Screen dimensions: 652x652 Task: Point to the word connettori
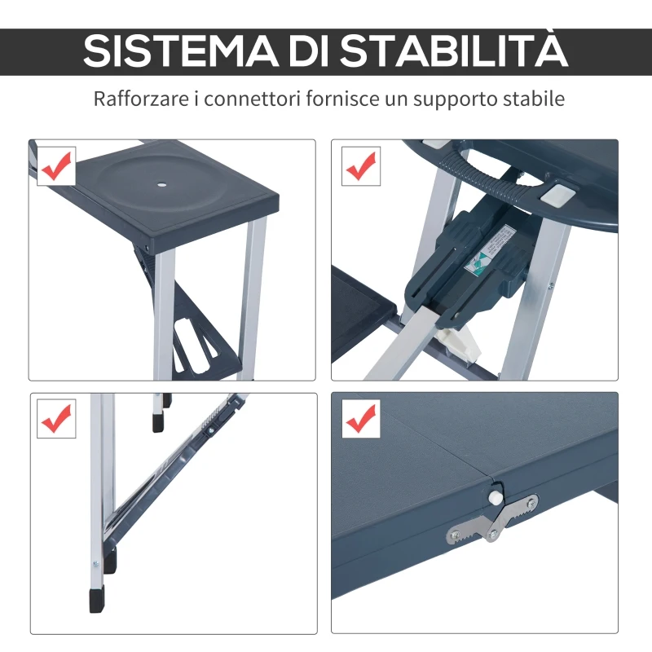tap(249, 99)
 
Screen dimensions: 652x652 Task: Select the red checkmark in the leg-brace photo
tap(56, 419)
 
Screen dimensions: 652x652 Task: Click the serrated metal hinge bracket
tap(493, 520)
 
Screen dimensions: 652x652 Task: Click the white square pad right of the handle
tap(556, 193)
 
